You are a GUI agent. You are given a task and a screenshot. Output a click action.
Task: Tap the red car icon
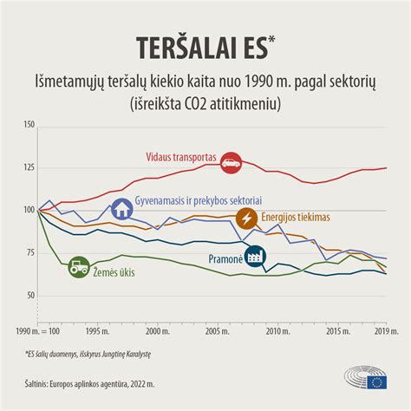tap(231, 161)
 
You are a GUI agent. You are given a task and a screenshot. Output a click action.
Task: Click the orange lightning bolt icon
tap(246, 216)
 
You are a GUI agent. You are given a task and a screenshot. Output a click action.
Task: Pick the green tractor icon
tap(78, 266)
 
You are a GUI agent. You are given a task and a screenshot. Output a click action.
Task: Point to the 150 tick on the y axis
tap(29, 127)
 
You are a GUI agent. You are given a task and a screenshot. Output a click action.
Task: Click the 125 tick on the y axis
tap(29, 168)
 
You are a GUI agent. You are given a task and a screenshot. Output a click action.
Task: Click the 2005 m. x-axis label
tap(218, 331)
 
